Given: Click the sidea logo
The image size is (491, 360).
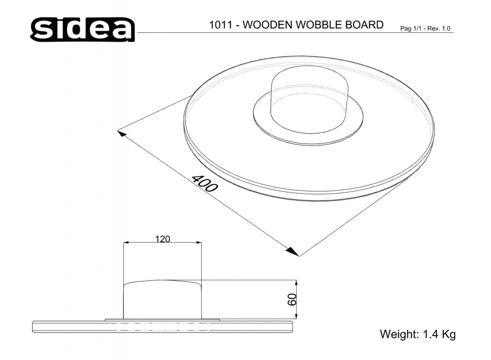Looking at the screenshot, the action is (82, 29).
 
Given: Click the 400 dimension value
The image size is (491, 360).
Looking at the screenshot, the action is (204, 184).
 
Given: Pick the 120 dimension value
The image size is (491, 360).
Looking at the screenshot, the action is (162, 239).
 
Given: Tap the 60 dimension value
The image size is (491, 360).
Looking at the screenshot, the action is (292, 300).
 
